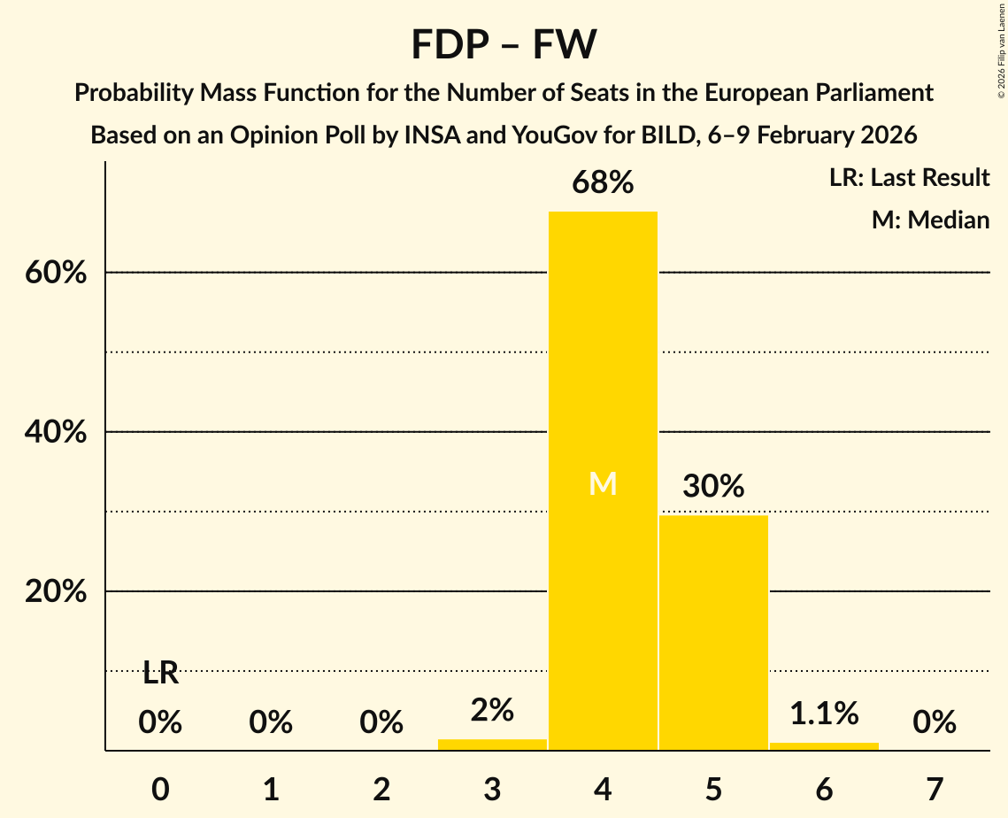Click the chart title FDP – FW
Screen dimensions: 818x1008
tap(504, 44)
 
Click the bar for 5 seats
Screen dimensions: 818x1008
tap(713, 632)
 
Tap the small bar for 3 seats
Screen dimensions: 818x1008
tap(492, 745)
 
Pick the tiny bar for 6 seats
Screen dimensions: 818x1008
tap(824, 746)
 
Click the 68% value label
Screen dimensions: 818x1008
tap(603, 183)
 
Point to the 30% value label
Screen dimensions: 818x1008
tap(713, 486)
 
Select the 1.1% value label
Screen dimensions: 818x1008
tap(824, 713)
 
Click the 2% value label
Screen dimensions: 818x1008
tap(492, 710)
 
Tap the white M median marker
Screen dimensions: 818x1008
tap(603, 483)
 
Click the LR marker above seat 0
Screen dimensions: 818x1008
tap(160, 674)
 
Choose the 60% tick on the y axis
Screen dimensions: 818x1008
tap(56, 274)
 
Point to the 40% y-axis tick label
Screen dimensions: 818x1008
tap(56, 433)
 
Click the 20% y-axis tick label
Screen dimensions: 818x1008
tap(56, 592)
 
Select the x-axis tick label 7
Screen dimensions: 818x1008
tap(935, 789)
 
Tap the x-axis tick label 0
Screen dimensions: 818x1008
tap(160, 789)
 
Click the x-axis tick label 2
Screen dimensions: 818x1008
tap(381, 789)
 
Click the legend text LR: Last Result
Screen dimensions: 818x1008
tap(909, 178)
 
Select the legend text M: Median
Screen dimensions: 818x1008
tap(930, 220)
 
